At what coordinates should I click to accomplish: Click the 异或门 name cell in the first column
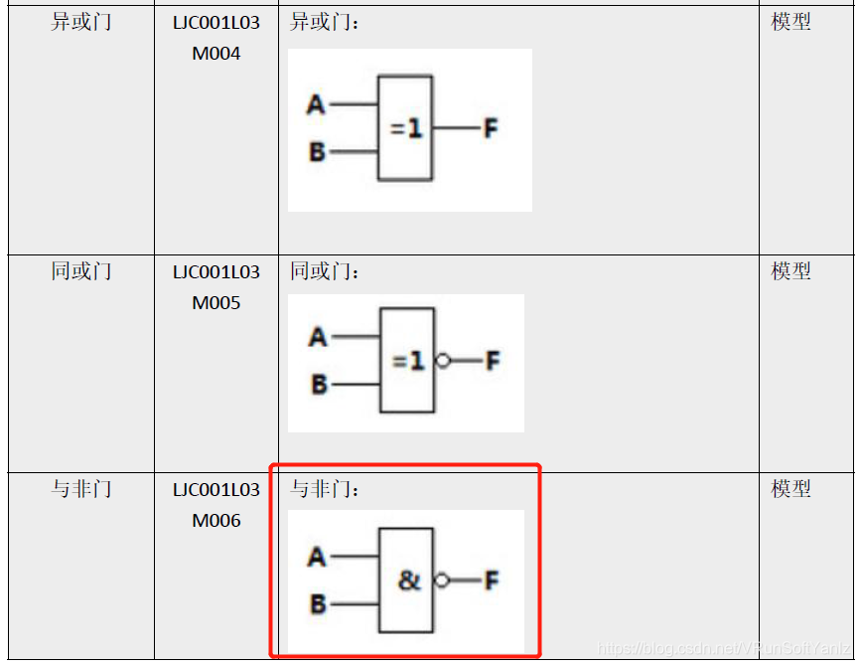pyautogui.click(x=81, y=22)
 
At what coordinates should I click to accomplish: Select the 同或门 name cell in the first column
pyautogui.click(x=81, y=271)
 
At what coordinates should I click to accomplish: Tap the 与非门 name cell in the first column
pyautogui.click(x=81, y=489)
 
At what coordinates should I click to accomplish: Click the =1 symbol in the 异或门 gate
pyautogui.click(x=406, y=128)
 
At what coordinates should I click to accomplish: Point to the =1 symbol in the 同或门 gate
pyautogui.click(x=408, y=361)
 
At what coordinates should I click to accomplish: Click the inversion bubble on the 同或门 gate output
pyautogui.click(x=443, y=361)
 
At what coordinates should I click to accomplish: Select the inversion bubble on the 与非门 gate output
pyautogui.click(x=443, y=581)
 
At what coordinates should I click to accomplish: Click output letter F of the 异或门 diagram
pyautogui.click(x=490, y=128)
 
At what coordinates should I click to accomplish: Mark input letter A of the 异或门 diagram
pyautogui.click(x=316, y=104)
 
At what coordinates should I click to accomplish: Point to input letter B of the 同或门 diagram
pyautogui.click(x=318, y=385)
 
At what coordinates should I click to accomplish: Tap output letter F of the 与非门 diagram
pyautogui.click(x=491, y=581)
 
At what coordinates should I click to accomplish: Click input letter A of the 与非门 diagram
pyautogui.click(x=317, y=557)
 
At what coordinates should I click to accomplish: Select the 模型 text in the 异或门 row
pyautogui.click(x=791, y=22)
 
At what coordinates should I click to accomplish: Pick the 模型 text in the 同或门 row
pyautogui.click(x=791, y=271)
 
